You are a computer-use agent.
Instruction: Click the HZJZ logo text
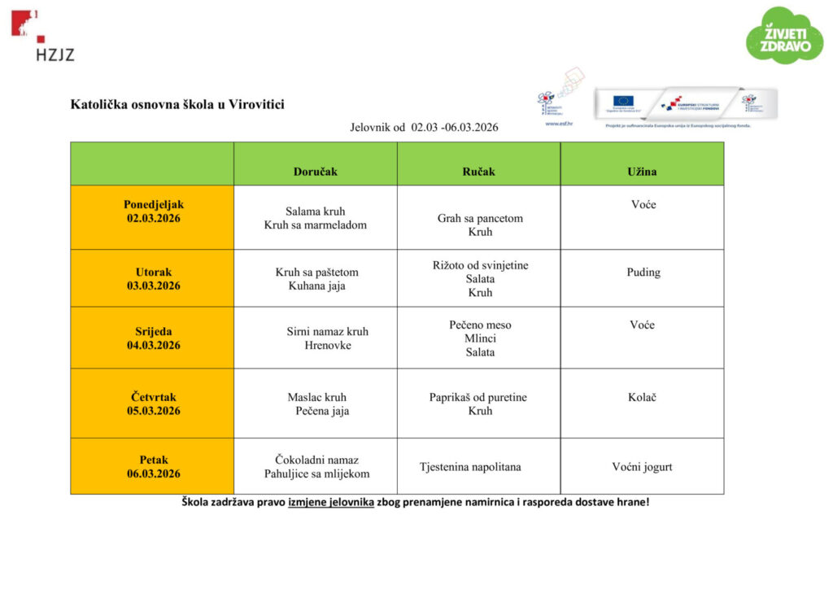(x=55, y=55)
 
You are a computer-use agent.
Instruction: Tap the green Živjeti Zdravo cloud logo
(x=784, y=36)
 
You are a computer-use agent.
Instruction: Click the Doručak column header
(x=316, y=172)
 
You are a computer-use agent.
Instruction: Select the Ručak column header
(x=479, y=172)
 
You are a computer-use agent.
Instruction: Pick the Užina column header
(x=642, y=172)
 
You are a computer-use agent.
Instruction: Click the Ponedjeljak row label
(x=154, y=204)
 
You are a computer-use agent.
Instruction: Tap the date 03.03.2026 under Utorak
(x=154, y=286)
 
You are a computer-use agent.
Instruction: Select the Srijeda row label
(x=154, y=331)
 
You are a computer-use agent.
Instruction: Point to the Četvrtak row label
(x=154, y=397)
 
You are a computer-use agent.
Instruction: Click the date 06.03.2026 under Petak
(x=154, y=473)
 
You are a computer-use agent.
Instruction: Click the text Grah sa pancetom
(x=480, y=218)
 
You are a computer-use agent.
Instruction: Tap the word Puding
(x=643, y=273)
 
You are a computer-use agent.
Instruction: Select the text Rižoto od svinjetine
(x=480, y=265)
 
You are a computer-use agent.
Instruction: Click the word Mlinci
(x=480, y=338)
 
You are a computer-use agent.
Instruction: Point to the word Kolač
(x=642, y=397)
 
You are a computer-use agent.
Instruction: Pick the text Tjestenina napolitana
(x=470, y=467)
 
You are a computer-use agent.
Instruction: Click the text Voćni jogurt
(x=642, y=467)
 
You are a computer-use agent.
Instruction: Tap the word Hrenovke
(x=328, y=345)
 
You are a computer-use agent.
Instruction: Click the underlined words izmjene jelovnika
(x=331, y=502)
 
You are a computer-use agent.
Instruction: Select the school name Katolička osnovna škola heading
(x=177, y=104)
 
